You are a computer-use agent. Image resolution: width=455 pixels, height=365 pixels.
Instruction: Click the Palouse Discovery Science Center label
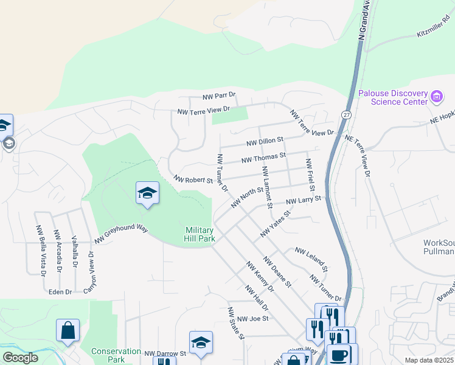pyautogui.click(x=392, y=97)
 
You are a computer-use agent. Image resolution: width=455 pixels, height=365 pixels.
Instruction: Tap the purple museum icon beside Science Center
pyautogui.click(x=436, y=97)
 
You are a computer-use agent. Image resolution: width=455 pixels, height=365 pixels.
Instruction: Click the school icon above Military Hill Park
pyautogui.click(x=147, y=193)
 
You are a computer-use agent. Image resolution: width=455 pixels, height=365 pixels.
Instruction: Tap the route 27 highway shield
pyautogui.click(x=346, y=114)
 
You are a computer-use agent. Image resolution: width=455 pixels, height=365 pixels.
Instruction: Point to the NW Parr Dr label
pyautogui.click(x=219, y=97)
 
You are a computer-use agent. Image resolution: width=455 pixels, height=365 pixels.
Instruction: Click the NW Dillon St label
pyautogui.click(x=265, y=142)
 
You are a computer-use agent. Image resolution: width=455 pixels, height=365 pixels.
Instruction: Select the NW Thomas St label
pyautogui.click(x=263, y=158)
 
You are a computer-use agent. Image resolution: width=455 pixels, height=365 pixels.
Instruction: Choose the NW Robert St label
pyautogui.click(x=193, y=180)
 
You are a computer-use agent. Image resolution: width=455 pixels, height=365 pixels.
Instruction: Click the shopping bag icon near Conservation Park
pyautogui.click(x=68, y=330)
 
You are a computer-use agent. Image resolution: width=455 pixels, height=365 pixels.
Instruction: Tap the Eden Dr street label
pyautogui.click(x=60, y=292)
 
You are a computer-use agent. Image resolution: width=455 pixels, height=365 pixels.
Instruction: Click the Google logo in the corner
pyautogui.click(x=20, y=358)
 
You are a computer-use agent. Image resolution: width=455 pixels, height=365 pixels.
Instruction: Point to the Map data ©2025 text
pyautogui.click(x=428, y=360)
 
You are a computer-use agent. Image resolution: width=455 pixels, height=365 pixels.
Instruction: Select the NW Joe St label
pyautogui.click(x=252, y=319)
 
